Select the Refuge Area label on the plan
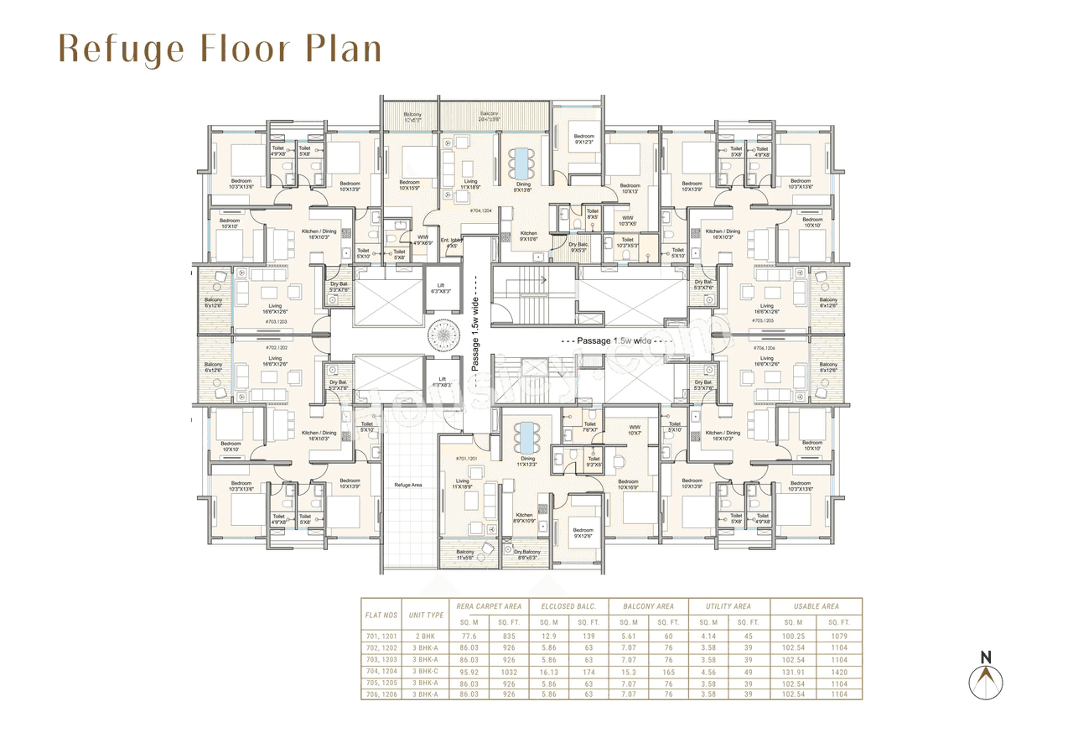(x=408, y=485)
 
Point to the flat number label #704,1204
(x=481, y=211)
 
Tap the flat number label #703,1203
(x=276, y=321)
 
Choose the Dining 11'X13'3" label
(x=528, y=462)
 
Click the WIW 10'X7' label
(x=635, y=429)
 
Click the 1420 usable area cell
(x=839, y=672)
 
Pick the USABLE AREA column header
(x=818, y=606)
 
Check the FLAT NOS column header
(x=381, y=615)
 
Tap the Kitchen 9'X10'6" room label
(x=529, y=236)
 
